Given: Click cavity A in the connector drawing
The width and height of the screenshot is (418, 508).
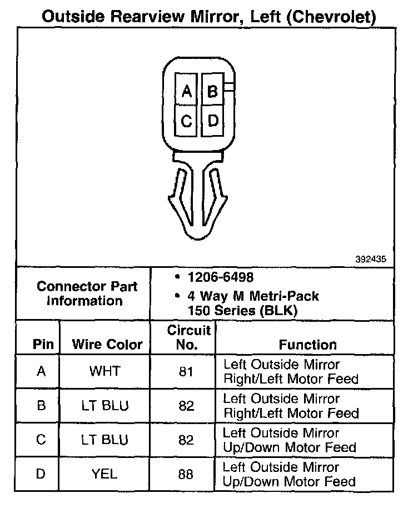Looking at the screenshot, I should [187, 91].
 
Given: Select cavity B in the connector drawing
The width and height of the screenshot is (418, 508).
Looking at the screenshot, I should [212, 91].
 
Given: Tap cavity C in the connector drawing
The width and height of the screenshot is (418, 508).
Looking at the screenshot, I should [187, 120].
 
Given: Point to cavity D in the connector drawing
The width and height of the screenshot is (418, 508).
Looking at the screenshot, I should [212, 120].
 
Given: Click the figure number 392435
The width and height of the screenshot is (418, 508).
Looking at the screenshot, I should [371, 259].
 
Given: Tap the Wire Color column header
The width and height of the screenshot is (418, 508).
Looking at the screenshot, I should [107, 345].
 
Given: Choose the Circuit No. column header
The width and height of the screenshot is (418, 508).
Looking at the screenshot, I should [189, 337].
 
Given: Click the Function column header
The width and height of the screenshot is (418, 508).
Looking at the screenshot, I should [307, 345].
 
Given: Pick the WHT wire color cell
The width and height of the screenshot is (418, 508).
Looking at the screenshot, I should [105, 371].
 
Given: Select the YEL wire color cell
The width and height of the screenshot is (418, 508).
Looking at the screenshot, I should [105, 474].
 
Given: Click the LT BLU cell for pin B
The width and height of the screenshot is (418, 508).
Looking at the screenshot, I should [105, 406].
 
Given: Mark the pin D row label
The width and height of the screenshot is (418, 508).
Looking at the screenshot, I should [41, 474].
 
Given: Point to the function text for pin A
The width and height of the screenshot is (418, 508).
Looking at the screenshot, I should [291, 372].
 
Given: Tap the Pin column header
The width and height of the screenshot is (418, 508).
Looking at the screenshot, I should [43, 345].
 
